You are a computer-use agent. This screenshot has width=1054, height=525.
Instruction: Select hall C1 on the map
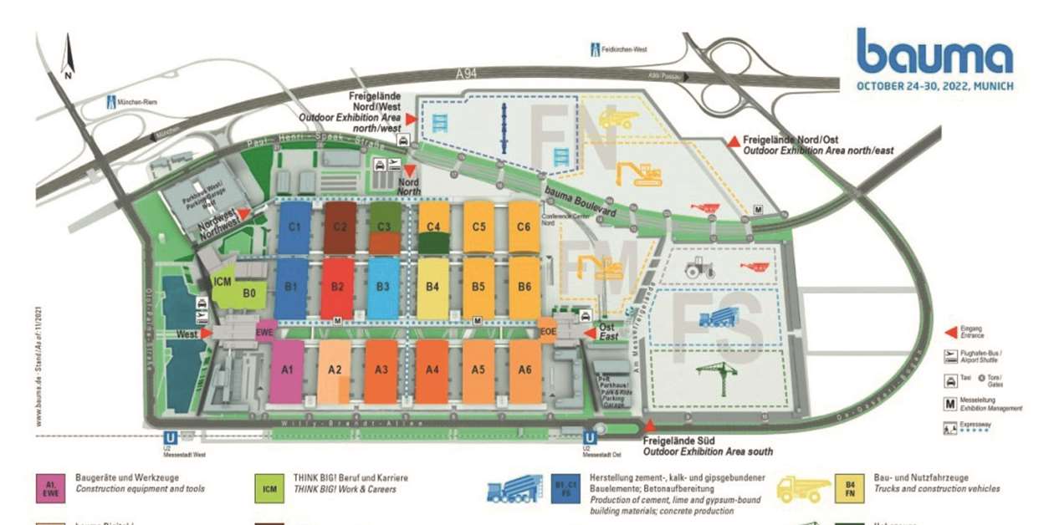[294, 227]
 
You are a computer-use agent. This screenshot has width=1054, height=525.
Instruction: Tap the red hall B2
[337, 287]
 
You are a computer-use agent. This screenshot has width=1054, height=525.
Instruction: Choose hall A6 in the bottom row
[524, 370]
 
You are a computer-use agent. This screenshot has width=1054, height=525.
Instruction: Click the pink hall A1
[287, 370]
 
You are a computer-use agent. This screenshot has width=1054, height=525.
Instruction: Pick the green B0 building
[249, 293]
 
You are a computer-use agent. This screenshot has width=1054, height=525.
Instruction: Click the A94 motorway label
[467, 74]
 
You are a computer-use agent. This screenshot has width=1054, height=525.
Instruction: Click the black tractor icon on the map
[699, 268]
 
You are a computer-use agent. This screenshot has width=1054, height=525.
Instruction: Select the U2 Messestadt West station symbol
[171, 437]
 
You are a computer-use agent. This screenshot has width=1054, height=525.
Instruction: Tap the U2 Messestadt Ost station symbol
[590, 437]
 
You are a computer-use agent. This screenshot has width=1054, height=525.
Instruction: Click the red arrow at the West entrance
[206, 334]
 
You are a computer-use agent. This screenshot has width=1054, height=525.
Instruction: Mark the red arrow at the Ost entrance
[589, 334]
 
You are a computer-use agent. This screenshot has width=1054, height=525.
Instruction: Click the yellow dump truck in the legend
[804, 490]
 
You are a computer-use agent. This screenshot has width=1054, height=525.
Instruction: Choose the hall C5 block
[478, 227]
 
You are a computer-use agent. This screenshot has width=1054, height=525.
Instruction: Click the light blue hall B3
[383, 287]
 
